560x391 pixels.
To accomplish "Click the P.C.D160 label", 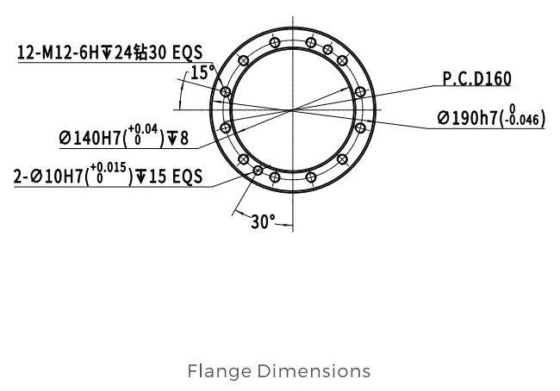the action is (x=476, y=78).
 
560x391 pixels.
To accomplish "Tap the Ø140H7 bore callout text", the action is (x=123, y=136).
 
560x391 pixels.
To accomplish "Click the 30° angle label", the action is (x=264, y=221).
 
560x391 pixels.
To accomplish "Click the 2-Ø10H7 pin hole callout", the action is (x=108, y=174).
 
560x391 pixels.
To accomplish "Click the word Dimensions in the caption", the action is (x=314, y=371).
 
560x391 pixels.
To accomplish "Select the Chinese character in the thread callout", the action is (x=140, y=53).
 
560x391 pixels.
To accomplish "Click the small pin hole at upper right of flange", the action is (x=327, y=50).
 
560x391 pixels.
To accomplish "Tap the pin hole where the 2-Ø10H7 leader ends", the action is (x=258, y=171).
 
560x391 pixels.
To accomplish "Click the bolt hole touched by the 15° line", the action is (x=225, y=92).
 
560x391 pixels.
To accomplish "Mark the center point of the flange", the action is (x=293, y=110).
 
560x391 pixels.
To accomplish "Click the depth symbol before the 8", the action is (x=172, y=138).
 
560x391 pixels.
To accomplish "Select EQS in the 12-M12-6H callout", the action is (x=188, y=53).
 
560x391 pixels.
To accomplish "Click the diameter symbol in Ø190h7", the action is (x=444, y=118).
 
